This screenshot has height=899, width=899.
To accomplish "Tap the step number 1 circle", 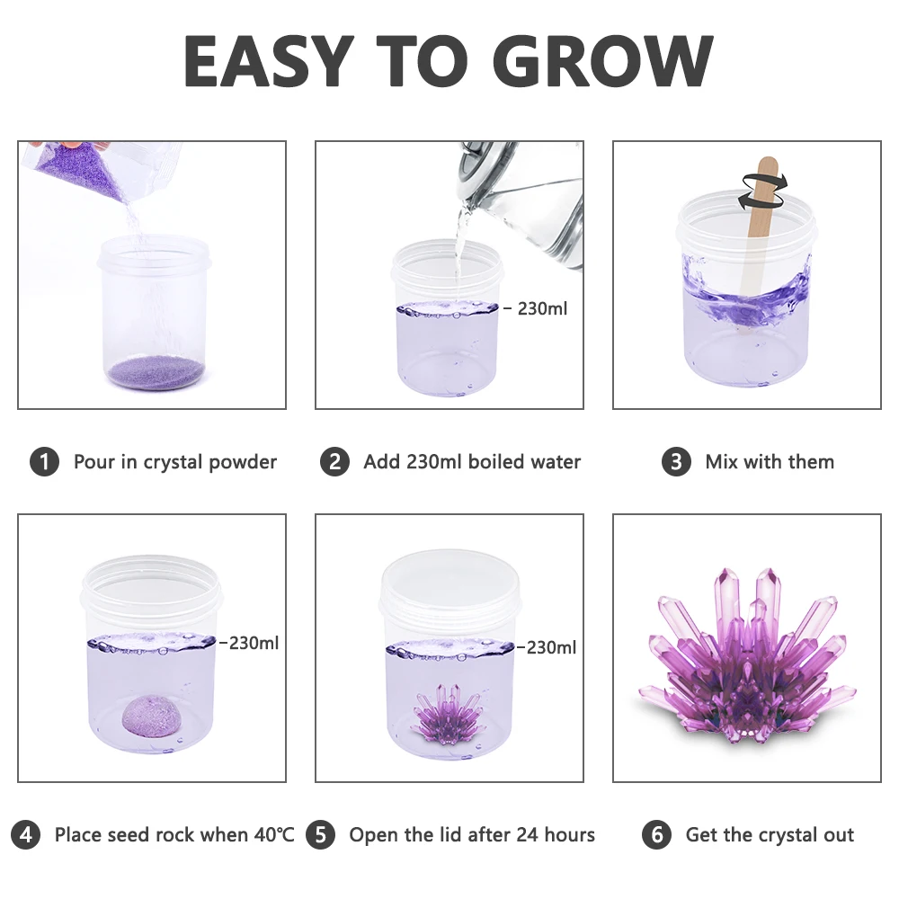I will point(44,462).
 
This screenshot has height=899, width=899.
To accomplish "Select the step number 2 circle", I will point(334,462).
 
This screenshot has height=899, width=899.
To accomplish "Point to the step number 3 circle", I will point(676,462).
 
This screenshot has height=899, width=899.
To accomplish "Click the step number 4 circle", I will point(26,834).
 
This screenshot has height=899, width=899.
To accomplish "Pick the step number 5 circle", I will point(320,834).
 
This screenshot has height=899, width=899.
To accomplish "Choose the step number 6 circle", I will point(656,834).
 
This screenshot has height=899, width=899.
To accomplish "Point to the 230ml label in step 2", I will point(543,308).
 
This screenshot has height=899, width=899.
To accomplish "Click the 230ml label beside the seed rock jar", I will point(254,643).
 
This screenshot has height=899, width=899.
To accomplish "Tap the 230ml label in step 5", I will point(551,647).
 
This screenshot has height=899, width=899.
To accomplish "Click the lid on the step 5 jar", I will point(449,584).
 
